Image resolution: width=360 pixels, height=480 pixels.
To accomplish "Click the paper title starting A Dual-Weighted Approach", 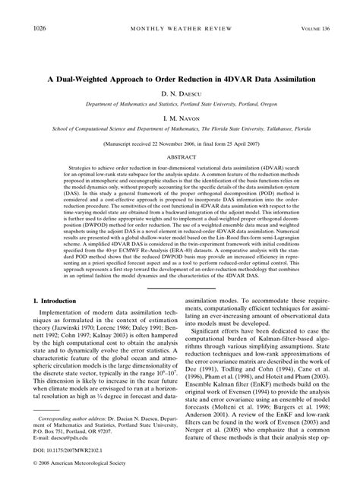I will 180,78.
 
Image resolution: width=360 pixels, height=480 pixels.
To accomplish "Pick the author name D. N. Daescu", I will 180,94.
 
